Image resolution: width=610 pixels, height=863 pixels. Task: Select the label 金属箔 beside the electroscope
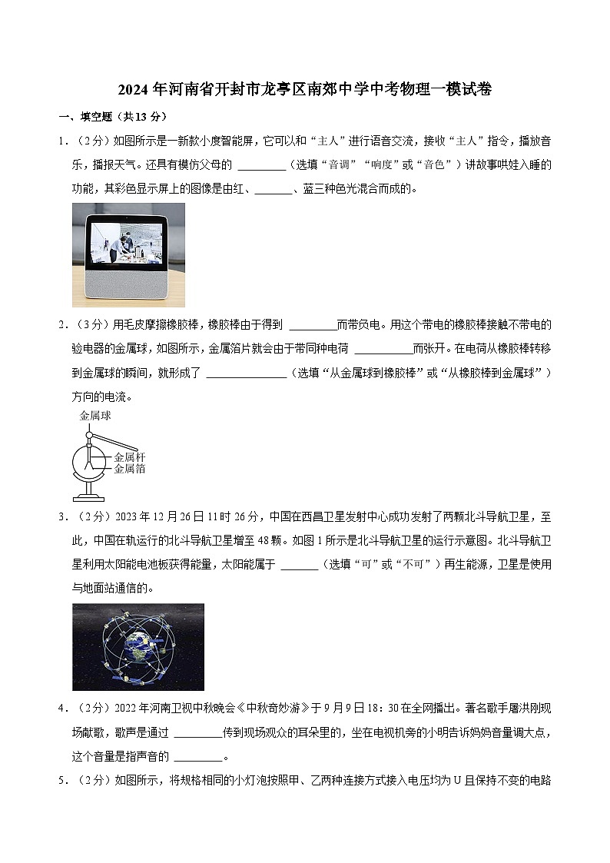coord(130,468)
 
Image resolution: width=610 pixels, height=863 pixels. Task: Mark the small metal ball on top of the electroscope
coord(90,436)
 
